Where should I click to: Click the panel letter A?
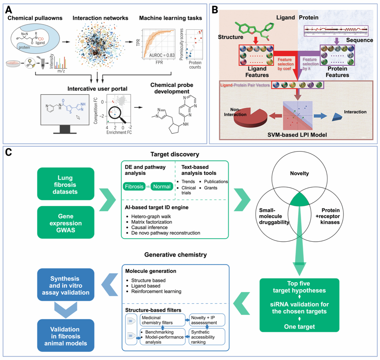tap(9, 10)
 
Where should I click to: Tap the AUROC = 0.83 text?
tap(162, 55)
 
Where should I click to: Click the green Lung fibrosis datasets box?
tap(65, 184)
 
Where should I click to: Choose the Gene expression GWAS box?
tap(65, 223)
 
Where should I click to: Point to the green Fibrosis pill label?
tap(134, 186)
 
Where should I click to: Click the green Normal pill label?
tap(162, 186)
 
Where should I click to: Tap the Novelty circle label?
tap(299, 173)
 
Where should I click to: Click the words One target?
tap(299, 326)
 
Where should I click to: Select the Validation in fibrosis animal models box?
tap(65, 336)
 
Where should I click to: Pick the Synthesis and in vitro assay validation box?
tap(65, 285)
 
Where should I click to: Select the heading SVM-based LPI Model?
tap(297, 135)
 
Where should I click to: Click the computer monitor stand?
tap(65, 129)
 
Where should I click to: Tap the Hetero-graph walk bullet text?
tap(151, 216)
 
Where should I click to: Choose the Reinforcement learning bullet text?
tap(156, 291)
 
